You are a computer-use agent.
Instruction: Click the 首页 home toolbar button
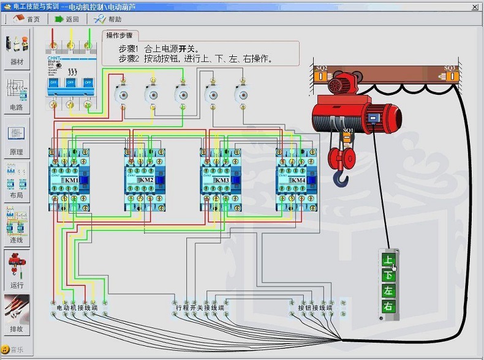coord(27,19)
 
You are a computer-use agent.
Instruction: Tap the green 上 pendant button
coord(388,260)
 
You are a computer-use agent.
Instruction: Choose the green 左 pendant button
coord(388,291)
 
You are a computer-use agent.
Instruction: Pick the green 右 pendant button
coord(388,306)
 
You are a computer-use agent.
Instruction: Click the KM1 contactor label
coord(71,181)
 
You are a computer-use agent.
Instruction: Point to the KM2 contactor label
coord(146,181)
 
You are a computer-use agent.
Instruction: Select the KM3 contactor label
coord(222,181)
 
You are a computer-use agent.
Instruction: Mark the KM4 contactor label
coord(298,181)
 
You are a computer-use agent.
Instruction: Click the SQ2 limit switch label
coord(321,67)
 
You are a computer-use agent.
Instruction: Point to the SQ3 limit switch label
coord(450,67)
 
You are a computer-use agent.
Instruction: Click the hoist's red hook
coord(341,178)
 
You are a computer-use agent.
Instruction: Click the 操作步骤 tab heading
coord(119,36)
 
